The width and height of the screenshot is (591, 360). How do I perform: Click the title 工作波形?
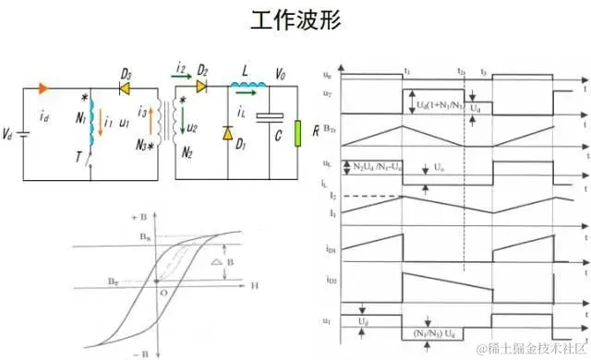point(295,22)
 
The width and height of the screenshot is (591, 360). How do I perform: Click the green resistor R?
point(298,133)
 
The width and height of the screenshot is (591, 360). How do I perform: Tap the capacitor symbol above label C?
point(270,117)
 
